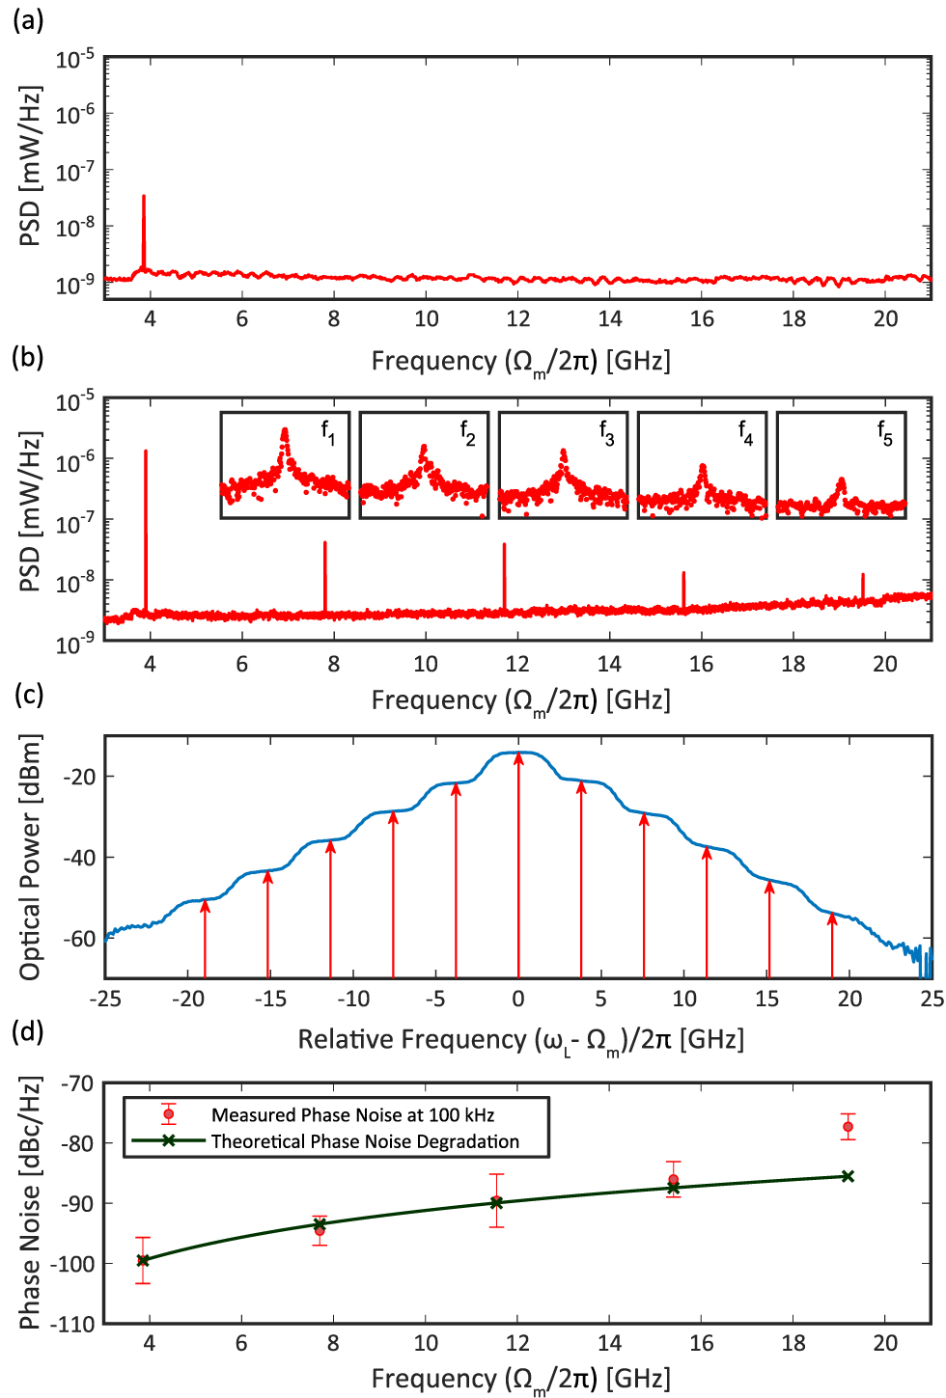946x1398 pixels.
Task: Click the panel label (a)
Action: click(27, 18)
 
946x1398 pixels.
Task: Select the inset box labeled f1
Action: click(285, 465)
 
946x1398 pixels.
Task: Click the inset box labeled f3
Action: click(563, 465)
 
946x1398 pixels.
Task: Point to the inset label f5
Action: click(884, 433)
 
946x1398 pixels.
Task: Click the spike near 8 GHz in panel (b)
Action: click(325, 574)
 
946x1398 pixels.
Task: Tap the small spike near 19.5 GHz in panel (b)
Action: click(863, 585)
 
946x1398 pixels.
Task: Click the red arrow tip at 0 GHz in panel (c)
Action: click(518, 756)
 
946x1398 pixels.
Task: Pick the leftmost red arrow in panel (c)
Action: click(205, 936)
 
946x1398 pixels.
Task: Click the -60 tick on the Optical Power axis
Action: click(77, 938)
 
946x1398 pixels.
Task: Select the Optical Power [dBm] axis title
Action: click(30, 857)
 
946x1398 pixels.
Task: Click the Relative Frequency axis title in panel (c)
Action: click(520, 1040)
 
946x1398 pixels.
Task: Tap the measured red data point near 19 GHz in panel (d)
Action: click(848, 1127)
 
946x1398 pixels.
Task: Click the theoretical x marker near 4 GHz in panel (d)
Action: click(144, 1260)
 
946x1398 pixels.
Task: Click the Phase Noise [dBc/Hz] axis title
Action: click(30, 1203)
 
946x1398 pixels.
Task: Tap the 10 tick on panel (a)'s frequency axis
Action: click(426, 319)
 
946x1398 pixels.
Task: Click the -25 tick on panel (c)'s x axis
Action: click(104, 999)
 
